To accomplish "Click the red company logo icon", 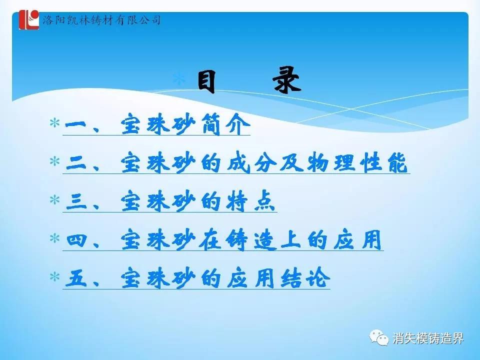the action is pos(29,20).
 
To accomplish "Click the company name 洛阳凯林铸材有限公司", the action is pos(101,20).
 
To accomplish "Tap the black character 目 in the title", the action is pos(206,81).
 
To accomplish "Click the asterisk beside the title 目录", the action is pos(179,78).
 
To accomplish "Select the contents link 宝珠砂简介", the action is pos(185,124).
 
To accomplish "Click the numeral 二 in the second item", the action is pos(76,163).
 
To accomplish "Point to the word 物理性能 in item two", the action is pos(357,162).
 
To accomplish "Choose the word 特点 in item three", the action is pos(250,201).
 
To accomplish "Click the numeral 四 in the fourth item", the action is pos(76,239).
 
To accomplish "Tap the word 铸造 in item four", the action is pos(250,239).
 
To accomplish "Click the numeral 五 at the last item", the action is pos(76,278).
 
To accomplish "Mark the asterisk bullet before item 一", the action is pos(55,123).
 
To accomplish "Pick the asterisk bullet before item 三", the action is pos(55,200).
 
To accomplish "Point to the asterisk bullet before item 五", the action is pos(55,276).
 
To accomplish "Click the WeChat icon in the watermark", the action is pos(378,337).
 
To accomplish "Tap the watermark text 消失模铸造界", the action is pos(428,338).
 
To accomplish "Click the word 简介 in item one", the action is pos(226,124).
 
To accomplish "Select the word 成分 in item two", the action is pos(250,162).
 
